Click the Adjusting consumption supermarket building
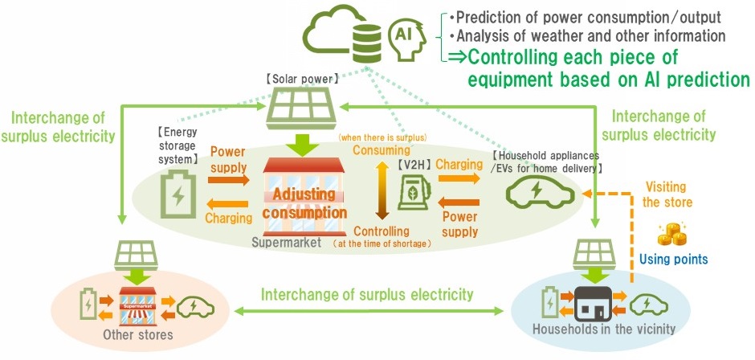click(304, 198)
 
